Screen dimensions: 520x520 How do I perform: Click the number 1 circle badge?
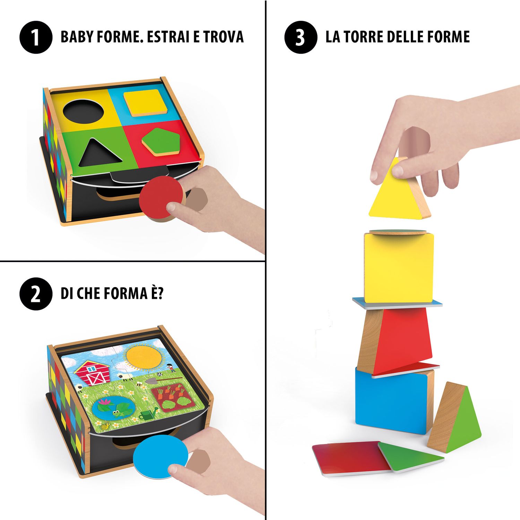(x=36, y=37)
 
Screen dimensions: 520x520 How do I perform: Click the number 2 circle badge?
(x=36, y=294)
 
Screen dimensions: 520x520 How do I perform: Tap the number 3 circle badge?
(x=301, y=37)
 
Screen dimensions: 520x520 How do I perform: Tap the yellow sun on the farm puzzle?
(x=144, y=356)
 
